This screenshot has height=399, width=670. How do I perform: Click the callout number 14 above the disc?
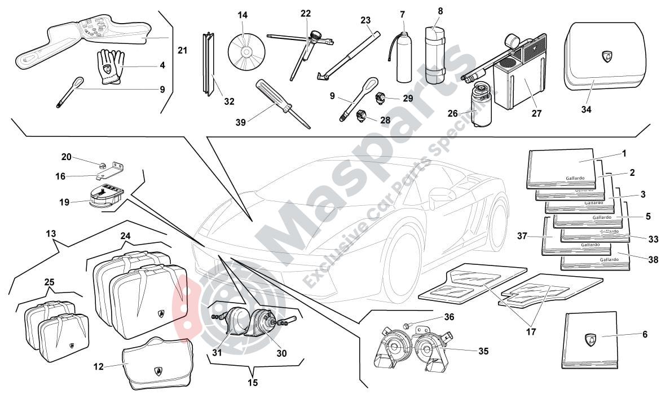pos(243,15)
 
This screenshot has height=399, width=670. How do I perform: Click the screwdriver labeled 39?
pos(280,103)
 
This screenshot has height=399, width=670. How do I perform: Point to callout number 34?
pos(587,110)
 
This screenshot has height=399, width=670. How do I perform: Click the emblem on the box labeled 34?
pos(607,56)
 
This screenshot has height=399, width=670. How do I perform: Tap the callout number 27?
pos(536,113)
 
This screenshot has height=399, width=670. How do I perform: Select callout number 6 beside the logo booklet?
pos(645,334)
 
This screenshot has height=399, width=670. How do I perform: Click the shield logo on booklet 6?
pos(590,340)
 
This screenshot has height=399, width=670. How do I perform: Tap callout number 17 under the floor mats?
pos(531,332)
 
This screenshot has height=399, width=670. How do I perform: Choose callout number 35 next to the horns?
pos(483,351)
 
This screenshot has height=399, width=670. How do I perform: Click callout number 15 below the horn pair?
pos(253,383)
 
